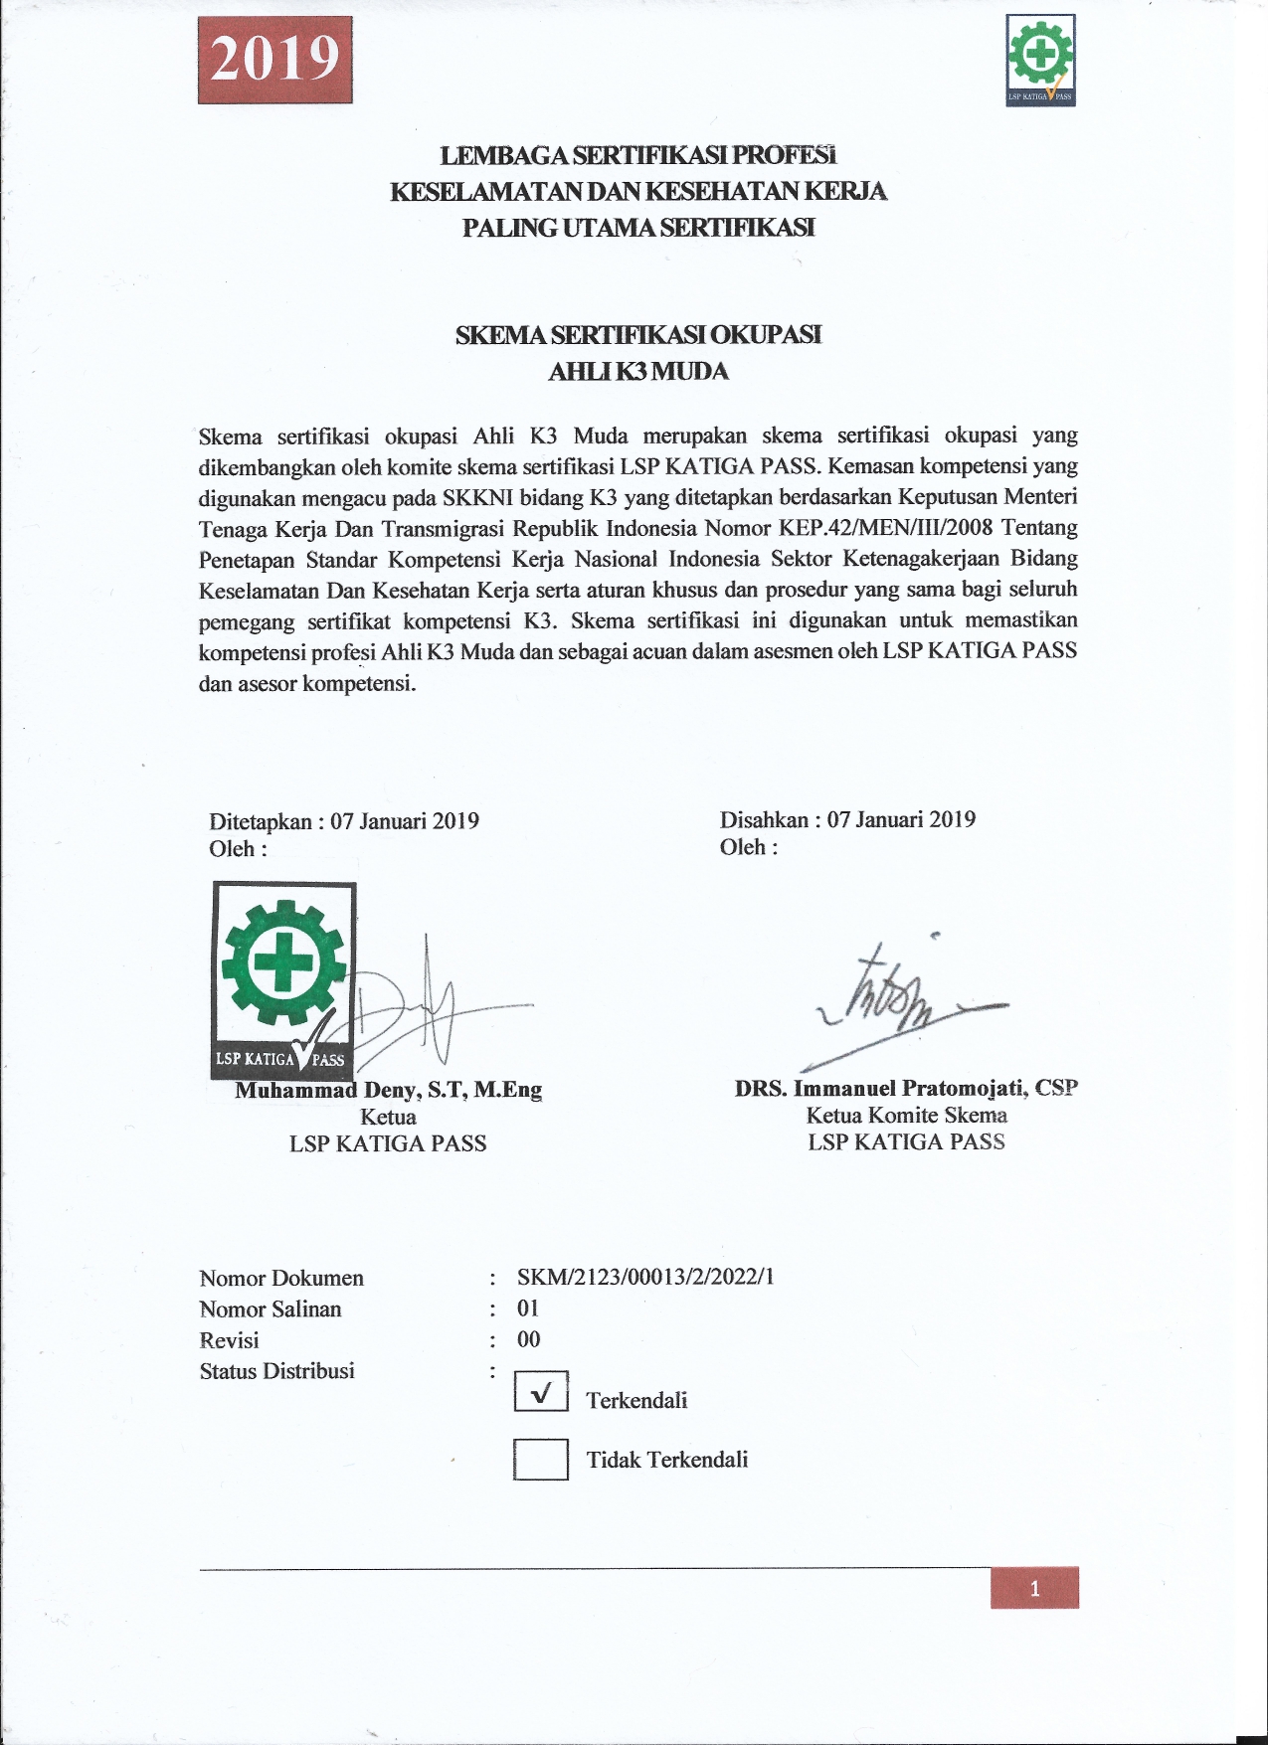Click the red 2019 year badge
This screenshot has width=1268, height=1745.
[275, 60]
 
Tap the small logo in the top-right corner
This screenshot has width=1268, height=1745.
[1040, 60]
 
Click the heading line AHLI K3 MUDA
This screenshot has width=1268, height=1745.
[638, 372]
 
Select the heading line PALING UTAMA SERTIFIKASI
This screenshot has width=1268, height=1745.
[638, 228]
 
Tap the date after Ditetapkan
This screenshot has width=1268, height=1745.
[405, 821]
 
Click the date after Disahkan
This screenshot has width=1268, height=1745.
[901, 819]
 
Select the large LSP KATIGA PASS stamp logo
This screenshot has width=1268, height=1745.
[282, 979]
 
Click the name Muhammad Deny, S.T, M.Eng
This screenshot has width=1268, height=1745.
[389, 1090]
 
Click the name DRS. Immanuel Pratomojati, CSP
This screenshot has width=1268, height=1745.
[906, 1088]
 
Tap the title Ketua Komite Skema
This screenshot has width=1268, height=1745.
[906, 1116]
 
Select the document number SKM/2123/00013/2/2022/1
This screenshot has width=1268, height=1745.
[645, 1277]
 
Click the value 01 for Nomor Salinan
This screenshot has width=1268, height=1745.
[528, 1309]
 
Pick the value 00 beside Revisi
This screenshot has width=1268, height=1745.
[528, 1339]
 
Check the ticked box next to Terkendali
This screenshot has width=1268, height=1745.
[541, 1392]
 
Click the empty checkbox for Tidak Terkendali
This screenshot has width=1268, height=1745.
[541, 1460]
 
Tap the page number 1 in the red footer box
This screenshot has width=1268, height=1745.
[1034, 1589]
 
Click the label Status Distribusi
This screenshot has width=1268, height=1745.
[276, 1371]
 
